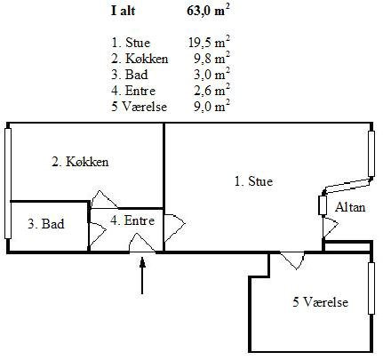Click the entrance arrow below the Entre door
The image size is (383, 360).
point(142,276)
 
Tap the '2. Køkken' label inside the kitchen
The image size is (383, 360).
point(80,162)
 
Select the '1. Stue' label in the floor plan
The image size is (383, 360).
point(253,181)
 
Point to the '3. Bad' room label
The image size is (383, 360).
point(46,224)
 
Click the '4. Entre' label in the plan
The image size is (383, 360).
point(132,220)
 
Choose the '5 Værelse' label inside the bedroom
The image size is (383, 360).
point(321,302)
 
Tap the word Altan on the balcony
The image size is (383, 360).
point(350,207)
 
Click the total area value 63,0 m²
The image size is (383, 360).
point(208,11)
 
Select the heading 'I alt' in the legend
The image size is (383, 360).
point(123,11)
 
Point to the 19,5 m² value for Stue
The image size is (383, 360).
point(209,43)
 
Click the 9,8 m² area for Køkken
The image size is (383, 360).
point(211,59)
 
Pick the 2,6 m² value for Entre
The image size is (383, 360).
point(211,91)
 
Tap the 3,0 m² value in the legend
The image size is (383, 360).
point(211,75)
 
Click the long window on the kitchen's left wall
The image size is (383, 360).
point(8,183)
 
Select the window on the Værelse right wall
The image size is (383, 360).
point(371,288)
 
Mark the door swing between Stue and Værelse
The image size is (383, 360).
point(292,260)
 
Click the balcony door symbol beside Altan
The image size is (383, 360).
point(330,227)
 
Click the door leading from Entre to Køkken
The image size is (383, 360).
point(104,199)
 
